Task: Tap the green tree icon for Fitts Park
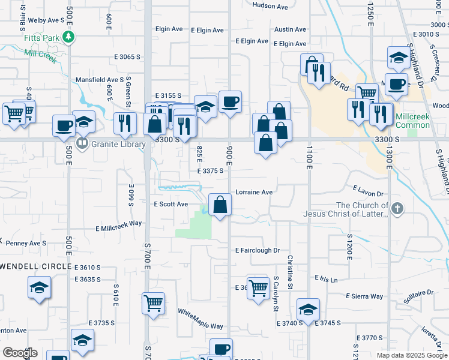69,37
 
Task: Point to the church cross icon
397,208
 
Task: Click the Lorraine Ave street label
254,193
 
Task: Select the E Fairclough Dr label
258,250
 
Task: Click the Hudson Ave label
271,5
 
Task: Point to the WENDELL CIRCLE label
36,266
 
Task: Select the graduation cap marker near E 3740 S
308,310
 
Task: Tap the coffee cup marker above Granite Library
64,126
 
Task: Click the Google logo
20,352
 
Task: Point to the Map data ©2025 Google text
411,355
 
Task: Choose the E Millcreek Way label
118,226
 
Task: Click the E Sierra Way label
364,296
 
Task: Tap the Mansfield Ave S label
99,80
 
